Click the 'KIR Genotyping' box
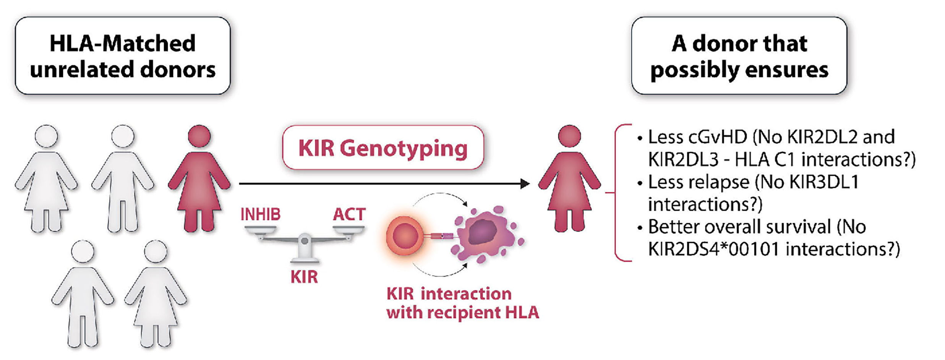[x=383, y=148]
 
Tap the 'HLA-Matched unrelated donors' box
[x=123, y=56]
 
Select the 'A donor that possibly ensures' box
[x=739, y=56]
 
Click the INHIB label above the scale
[x=260, y=214]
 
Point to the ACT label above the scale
[x=349, y=214]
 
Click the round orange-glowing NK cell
[x=404, y=235]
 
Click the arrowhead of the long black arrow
[x=525, y=184]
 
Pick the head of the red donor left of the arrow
[x=199, y=136]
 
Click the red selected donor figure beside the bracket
[x=569, y=180]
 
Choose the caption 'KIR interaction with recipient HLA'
[x=462, y=303]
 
